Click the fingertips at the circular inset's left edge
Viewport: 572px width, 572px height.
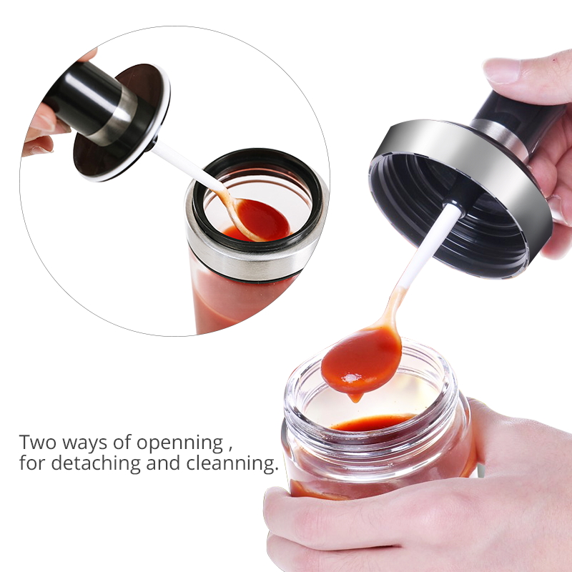click(x=40, y=129)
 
